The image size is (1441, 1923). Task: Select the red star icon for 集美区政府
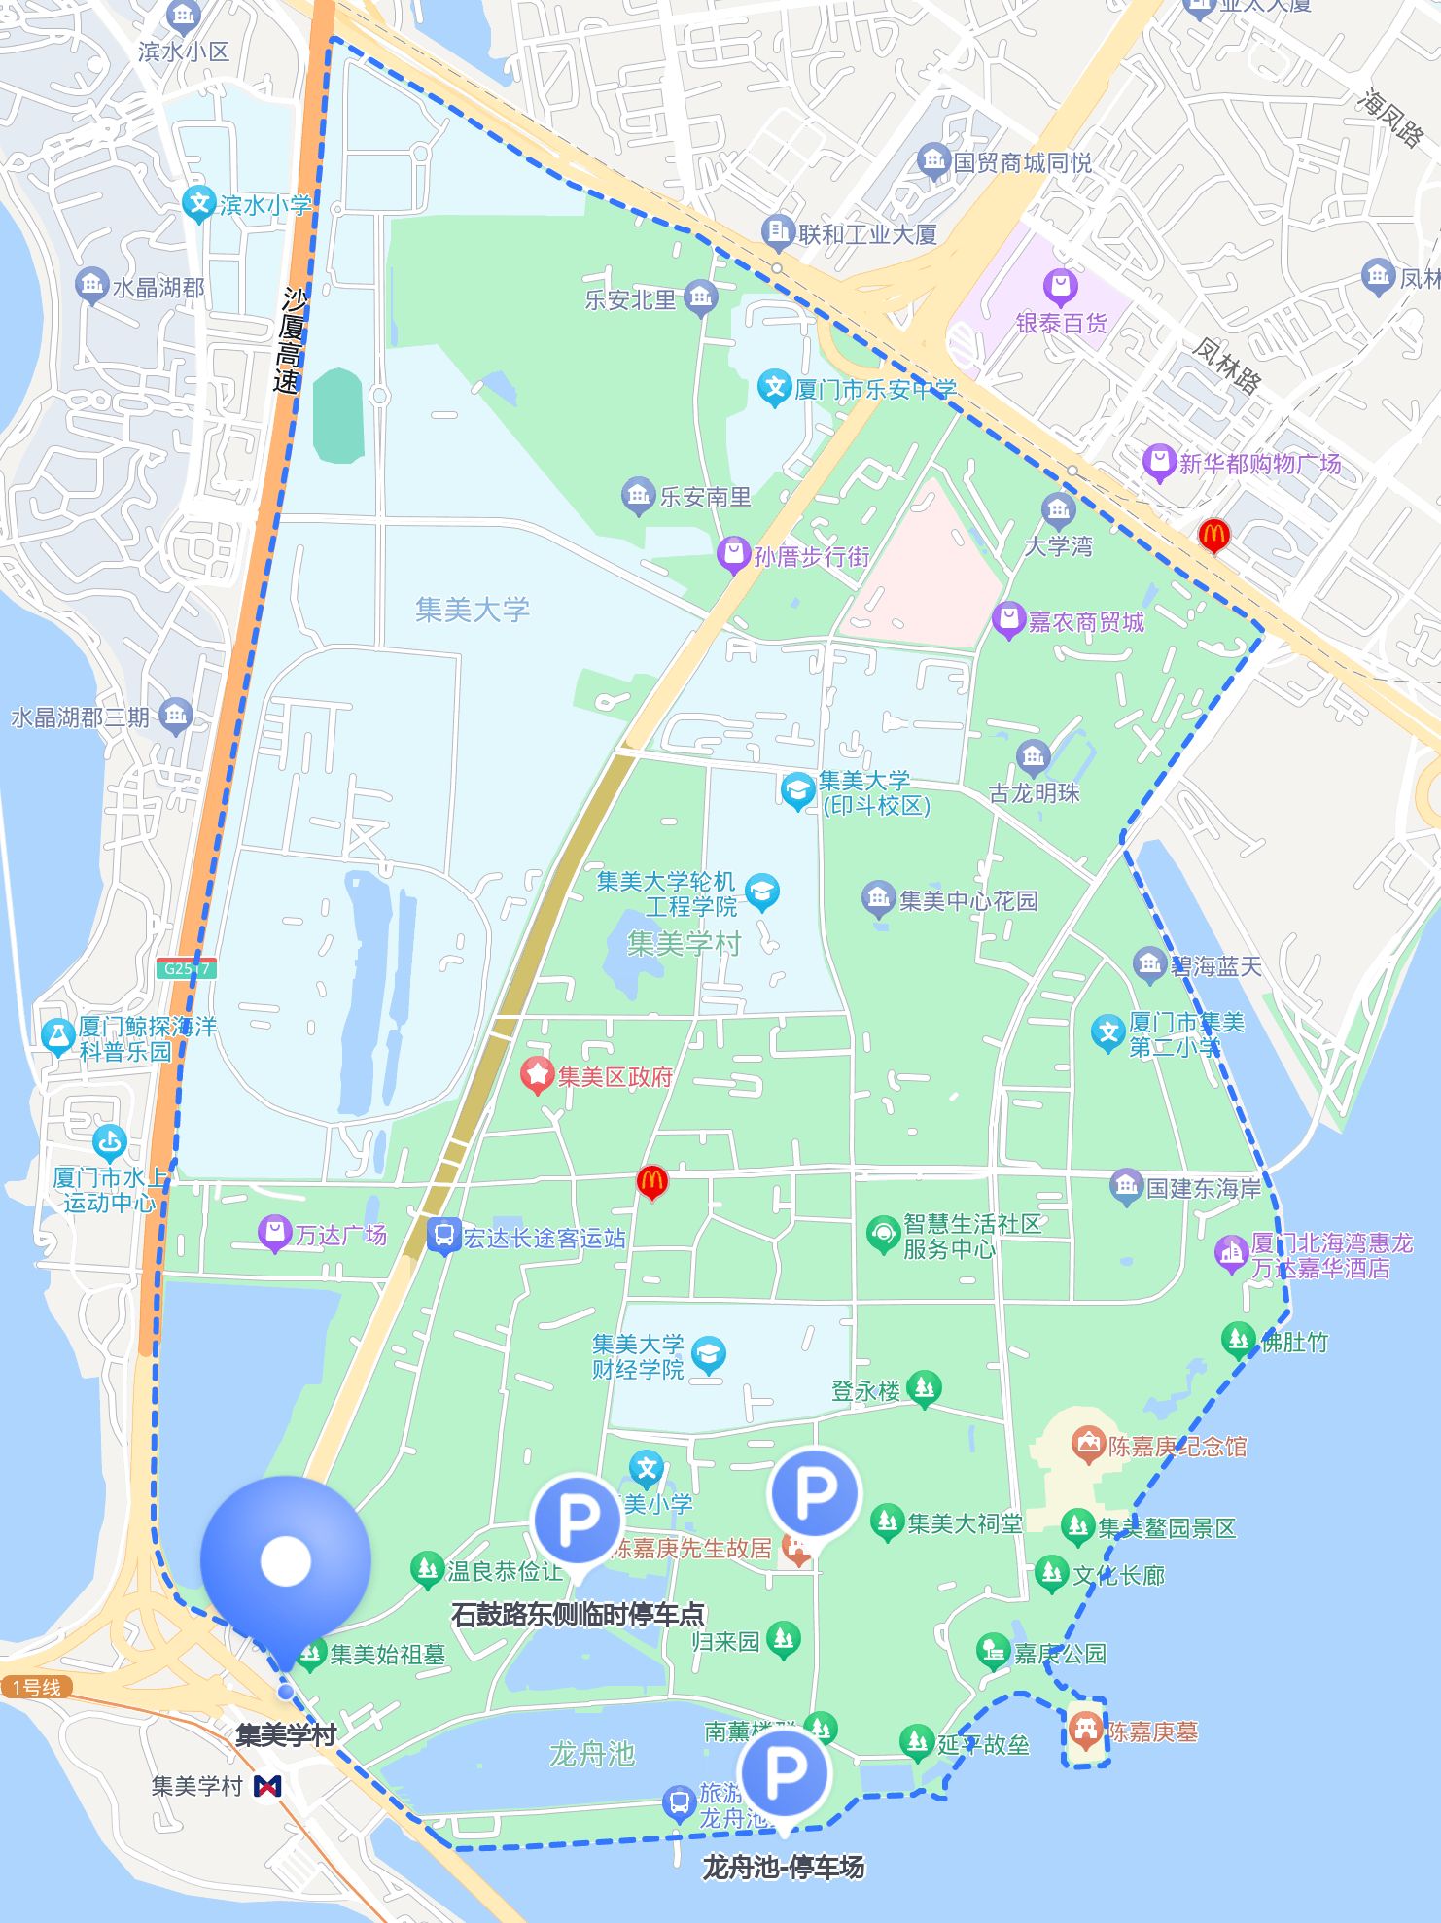(536, 1075)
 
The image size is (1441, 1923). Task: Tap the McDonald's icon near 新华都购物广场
(1213, 534)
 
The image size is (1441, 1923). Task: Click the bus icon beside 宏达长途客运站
(443, 1236)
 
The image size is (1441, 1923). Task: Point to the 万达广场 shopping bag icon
(274, 1234)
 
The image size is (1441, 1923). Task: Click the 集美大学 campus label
(473, 610)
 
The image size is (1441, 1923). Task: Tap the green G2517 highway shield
(186, 968)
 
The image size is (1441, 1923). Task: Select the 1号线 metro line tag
(36, 1687)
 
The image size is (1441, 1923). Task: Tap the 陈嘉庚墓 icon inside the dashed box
(1085, 1730)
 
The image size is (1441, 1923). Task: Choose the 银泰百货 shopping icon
(1060, 288)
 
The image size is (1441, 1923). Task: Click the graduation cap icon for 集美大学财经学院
(708, 1354)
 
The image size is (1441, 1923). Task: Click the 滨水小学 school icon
(199, 203)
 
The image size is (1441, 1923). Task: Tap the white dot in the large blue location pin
(285, 1560)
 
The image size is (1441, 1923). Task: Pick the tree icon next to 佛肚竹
(1238, 1340)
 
